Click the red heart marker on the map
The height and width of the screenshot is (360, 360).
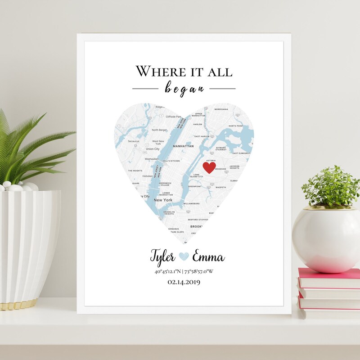(x=209, y=167)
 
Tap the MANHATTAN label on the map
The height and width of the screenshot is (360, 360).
(x=184, y=146)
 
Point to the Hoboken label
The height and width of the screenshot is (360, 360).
(x=148, y=176)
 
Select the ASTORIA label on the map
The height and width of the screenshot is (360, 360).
(x=210, y=160)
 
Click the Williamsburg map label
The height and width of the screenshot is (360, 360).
(x=191, y=203)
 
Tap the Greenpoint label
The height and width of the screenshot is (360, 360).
(x=194, y=186)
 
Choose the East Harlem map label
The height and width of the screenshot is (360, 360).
(x=202, y=136)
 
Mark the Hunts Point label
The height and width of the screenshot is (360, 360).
(x=235, y=126)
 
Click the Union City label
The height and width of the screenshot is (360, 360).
(x=153, y=149)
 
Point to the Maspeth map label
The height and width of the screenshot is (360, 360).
(x=220, y=187)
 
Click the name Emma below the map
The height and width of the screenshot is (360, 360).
(x=208, y=258)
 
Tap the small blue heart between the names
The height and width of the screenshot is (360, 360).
(x=184, y=256)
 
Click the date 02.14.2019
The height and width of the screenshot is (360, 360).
(x=184, y=282)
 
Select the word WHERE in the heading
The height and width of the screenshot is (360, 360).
(x=155, y=71)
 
